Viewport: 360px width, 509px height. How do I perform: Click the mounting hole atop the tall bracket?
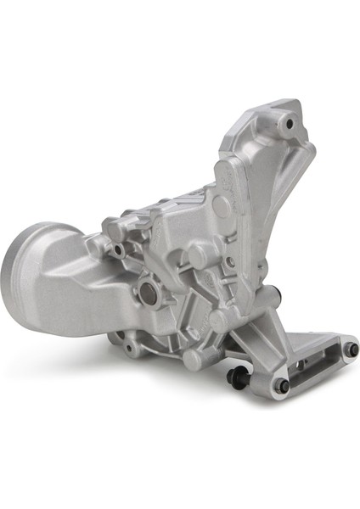point(290,124)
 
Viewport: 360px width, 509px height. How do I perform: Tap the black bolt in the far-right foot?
point(351,350)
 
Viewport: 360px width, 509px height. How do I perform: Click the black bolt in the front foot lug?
point(282,385)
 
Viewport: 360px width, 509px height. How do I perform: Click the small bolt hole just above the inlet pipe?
point(119,251)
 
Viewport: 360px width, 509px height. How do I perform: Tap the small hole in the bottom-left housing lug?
point(129,349)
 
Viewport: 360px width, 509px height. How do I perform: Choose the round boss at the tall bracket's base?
point(222,205)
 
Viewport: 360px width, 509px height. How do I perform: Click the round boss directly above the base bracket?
point(218,320)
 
